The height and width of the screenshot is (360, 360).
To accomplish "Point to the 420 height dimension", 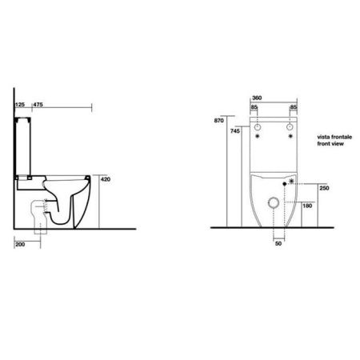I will coord(103,180).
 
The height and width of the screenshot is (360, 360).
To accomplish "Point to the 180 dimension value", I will coord(308,206).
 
